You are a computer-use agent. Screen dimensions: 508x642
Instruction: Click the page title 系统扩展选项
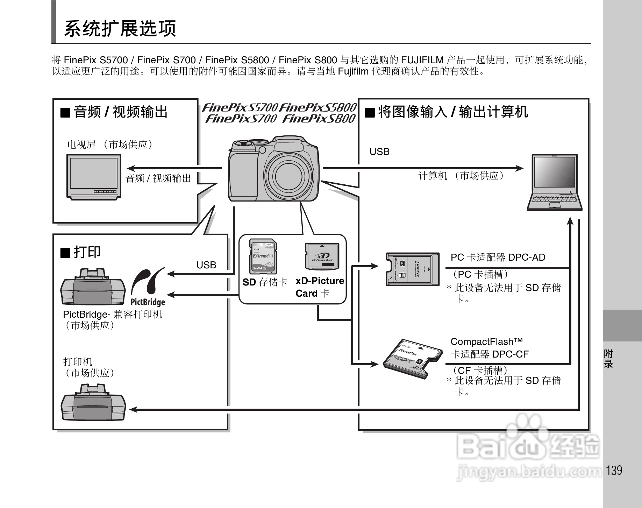coord(120,28)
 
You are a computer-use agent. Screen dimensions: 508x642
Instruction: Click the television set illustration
coord(93,177)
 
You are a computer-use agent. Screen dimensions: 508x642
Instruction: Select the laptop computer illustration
coord(555,182)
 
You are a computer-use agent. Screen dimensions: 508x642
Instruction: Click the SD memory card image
coord(263,256)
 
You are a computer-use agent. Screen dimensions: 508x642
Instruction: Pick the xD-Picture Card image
coord(322,257)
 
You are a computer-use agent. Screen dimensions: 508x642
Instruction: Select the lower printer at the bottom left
coord(93,402)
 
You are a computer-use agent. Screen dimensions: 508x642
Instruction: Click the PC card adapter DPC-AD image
coord(413,269)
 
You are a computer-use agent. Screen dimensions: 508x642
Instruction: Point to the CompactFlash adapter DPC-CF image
coord(411,359)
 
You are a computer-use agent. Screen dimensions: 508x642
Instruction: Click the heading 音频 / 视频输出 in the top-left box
coord(120,112)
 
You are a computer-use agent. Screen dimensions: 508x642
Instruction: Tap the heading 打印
coord(87,252)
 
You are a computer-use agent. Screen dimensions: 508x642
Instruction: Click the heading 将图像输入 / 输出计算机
coord(452,112)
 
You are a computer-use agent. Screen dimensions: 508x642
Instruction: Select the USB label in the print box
coord(206,265)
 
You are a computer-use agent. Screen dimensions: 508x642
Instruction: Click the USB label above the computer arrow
coord(379,152)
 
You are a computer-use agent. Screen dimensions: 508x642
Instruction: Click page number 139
coord(614,470)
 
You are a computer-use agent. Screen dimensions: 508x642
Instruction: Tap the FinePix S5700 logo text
coord(240,107)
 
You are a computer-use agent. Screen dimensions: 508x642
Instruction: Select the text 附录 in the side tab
coord(608,359)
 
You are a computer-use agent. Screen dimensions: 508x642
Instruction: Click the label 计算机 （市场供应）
coord(461,176)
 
